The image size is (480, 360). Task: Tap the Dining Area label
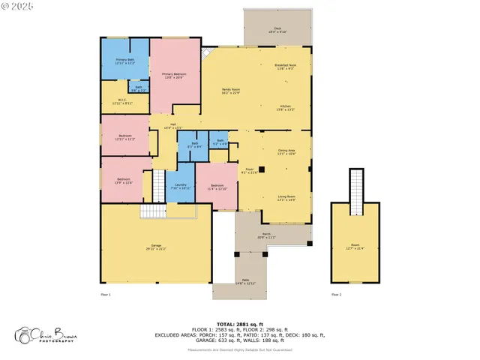pos(286,152)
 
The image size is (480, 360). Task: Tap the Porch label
pos(266,235)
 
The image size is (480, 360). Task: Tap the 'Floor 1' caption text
pos(106,295)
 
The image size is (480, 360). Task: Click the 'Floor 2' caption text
pos(336,295)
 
